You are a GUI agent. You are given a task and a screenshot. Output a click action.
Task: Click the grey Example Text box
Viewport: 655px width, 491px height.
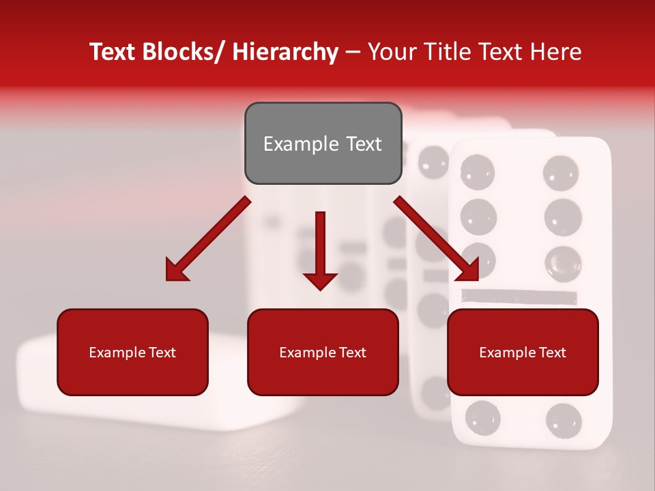click(323, 143)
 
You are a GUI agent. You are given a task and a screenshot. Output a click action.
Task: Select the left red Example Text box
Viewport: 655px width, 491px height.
click(132, 352)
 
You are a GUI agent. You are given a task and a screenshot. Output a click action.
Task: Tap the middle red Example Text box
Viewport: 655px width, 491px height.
click(323, 352)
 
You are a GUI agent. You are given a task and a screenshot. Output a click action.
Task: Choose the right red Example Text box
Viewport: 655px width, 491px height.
click(523, 352)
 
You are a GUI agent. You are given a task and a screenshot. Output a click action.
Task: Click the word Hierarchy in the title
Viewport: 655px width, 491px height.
click(285, 52)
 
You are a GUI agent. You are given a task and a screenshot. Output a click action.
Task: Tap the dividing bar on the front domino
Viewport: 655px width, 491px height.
click(520, 297)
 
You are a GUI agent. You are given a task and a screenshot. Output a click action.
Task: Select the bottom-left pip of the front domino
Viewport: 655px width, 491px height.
click(482, 417)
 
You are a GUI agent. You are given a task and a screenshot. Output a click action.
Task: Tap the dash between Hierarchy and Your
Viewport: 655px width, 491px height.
click(353, 53)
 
